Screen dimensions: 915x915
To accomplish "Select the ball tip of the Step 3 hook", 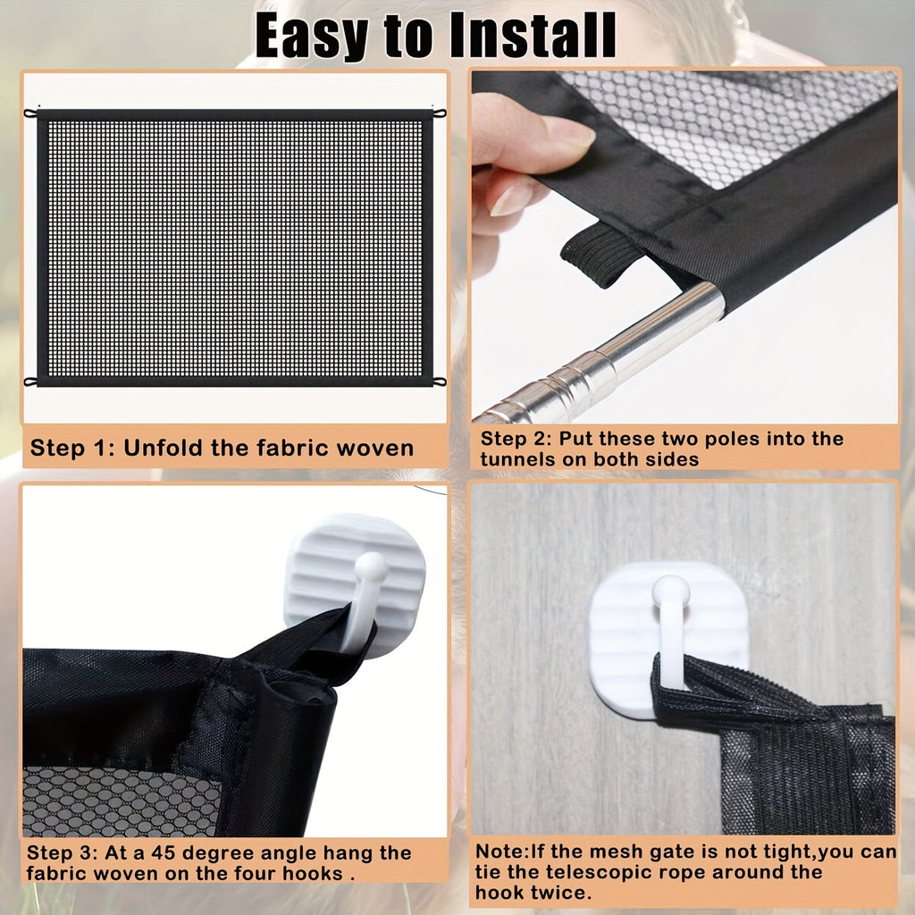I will tap(370, 566).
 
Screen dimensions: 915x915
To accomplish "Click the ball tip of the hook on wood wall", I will tap(670, 591).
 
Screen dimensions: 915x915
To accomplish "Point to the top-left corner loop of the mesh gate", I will tap(31, 113).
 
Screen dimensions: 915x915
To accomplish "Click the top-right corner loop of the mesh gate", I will tap(439, 113).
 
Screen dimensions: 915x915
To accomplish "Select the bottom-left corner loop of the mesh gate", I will tap(31, 382).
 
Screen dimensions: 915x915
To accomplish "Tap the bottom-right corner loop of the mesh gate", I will tap(439, 382).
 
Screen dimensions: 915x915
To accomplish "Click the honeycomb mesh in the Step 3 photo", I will tap(116, 800).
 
